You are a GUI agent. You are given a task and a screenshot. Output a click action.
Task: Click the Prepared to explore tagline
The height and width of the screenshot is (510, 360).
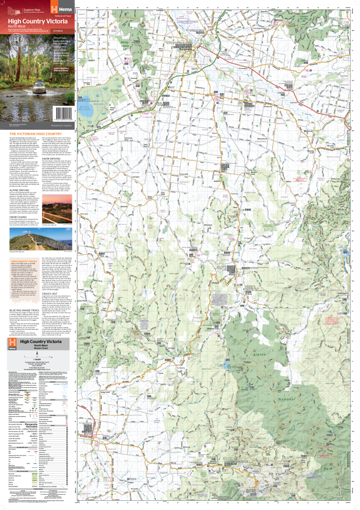point(62,125)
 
